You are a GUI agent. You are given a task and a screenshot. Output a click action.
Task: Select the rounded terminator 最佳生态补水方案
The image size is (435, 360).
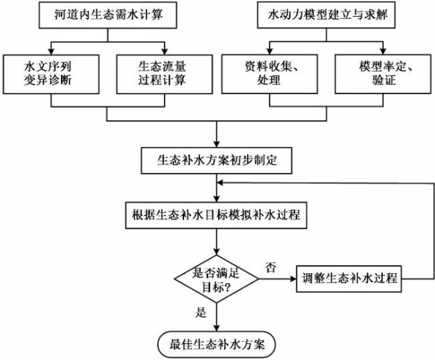tap(217, 343)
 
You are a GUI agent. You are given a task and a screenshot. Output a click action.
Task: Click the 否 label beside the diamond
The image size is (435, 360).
tap(270, 267)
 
